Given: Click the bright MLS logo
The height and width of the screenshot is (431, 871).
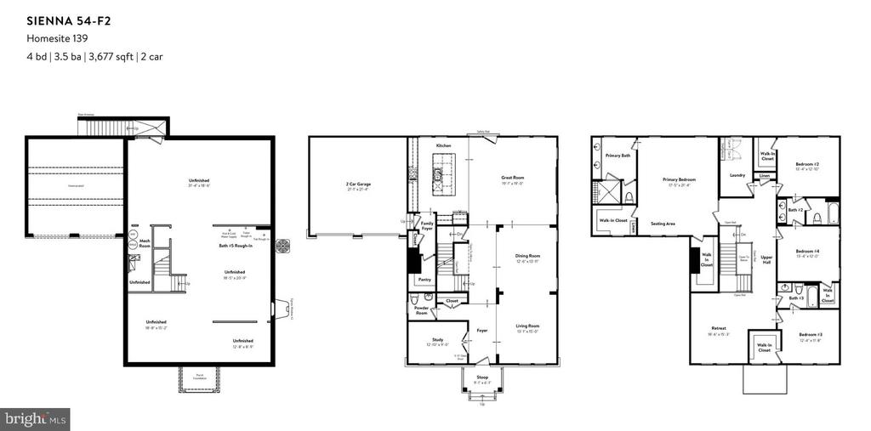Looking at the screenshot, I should tap(36, 419).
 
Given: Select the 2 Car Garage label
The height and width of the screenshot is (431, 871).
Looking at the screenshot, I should tap(358, 184).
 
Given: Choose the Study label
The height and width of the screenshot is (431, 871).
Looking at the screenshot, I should tap(435, 340).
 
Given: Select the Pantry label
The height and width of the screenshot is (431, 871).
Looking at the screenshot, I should tap(424, 279).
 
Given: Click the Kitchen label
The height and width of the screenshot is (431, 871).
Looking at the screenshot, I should tap(443, 146).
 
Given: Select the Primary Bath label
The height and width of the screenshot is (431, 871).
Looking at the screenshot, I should tap(618, 156).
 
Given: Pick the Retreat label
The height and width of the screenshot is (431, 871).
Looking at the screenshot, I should tap(718, 328).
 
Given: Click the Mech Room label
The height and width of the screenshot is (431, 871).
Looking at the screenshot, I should tap(145, 243).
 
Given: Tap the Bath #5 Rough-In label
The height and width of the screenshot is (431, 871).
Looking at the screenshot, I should tap(231, 246).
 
